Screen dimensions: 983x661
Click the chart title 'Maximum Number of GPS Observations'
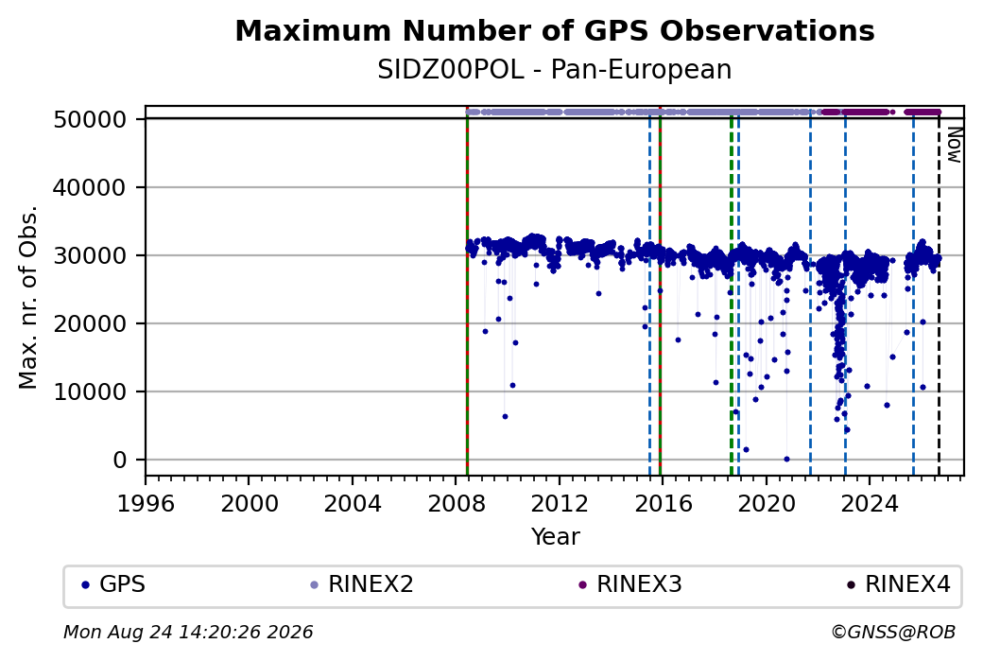(x=555, y=30)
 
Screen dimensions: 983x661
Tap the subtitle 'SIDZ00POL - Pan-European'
(x=555, y=70)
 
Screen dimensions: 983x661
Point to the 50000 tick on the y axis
(x=91, y=119)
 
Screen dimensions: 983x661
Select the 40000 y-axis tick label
(x=91, y=187)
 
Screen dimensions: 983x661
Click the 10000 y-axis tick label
(x=91, y=391)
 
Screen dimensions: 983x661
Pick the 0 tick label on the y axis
(x=120, y=460)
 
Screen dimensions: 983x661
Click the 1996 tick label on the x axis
(x=146, y=503)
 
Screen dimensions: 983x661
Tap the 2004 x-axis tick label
(x=353, y=503)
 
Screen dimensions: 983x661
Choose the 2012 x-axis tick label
(x=560, y=503)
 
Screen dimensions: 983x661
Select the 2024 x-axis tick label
(x=870, y=503)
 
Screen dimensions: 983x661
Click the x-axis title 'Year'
(x=556, y=537)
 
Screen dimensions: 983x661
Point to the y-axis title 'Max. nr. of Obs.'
(x=28, y=297)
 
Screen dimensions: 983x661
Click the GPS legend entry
(x=113, y=584)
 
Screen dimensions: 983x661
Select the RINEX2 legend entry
(x=362, y=584)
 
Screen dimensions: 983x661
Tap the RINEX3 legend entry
(x=630, y=584)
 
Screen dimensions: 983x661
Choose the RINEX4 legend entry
(x=899, y=584)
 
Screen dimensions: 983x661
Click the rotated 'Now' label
(x=954, y=145)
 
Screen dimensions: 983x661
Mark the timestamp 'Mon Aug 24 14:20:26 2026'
(x=188, y=632)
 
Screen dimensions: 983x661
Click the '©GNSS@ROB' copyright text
(x=893, y=632)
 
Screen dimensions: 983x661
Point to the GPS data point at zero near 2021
(x=786, y=459)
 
